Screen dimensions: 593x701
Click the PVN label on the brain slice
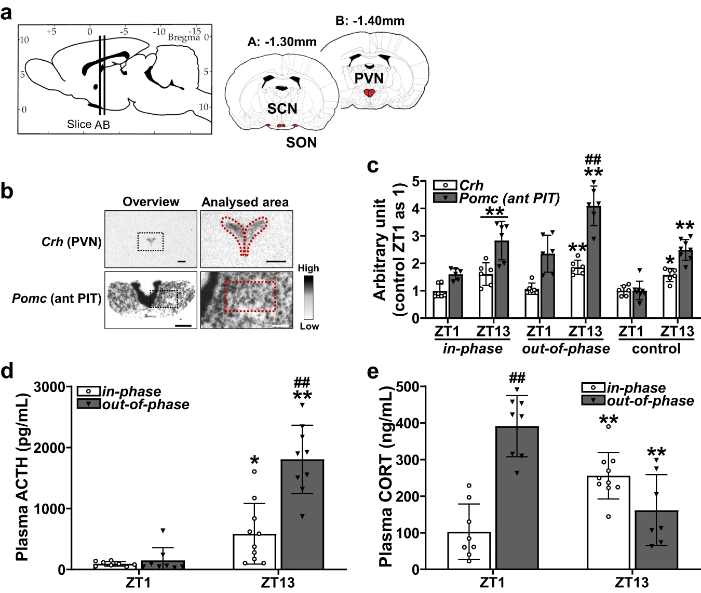click(369, 78)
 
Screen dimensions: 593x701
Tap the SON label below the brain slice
click(301, 142)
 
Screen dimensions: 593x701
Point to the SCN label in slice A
click(282, 109)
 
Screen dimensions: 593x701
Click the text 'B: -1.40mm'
click(370, 21)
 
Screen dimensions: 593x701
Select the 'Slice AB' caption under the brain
click(88, 125)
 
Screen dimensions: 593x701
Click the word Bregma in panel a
click(183, 37)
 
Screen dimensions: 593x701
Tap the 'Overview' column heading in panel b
click(151, 201)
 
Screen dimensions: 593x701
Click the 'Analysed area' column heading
click(245, 201)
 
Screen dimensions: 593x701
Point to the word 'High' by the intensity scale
click(308, 268)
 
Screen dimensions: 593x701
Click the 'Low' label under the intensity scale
click(309, 326)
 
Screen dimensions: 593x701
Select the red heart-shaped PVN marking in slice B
click(369, 93)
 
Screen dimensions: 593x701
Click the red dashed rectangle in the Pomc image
click(250, 296)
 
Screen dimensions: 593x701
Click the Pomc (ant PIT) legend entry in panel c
click(509, 198)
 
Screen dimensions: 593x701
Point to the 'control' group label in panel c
click(656, 348)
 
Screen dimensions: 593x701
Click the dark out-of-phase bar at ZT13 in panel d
click(302, 514)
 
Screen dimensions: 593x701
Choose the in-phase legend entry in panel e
click(636, 388)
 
